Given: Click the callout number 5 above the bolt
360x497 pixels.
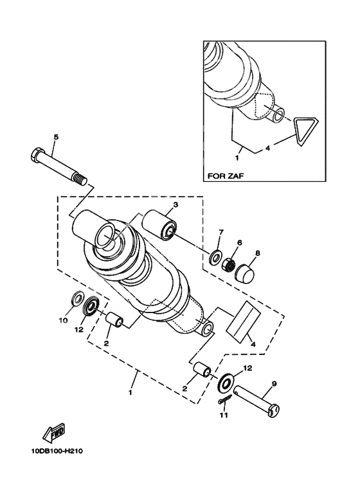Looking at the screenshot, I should (x=56, y=137).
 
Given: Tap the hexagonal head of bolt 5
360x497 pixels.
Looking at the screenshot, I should (x=37, y=156).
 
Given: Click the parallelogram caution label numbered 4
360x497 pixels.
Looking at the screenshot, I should (x=242, y=320).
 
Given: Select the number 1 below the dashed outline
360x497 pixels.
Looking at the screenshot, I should (x=130, y=392).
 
